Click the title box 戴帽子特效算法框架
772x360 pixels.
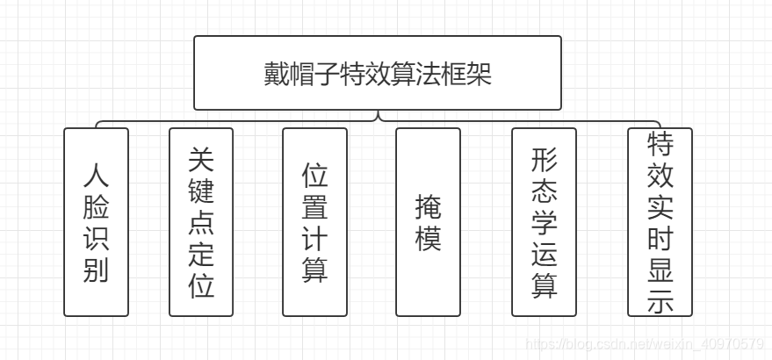click(377, 73)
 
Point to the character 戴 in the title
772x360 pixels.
click(276, 74)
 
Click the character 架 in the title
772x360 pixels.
click(479, 74)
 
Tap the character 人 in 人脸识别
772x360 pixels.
click(96, 176)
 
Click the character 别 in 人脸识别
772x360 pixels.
click(96, 270)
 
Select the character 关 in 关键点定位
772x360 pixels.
click(201, 159)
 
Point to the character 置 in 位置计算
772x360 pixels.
click(314, 207)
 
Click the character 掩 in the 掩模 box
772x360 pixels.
click(428, 207)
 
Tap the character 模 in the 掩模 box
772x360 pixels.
click(428, 238)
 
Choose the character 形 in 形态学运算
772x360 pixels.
click(544, 159)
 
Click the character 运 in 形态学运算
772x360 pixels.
click(544, 254)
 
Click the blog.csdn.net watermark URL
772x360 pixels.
click(643, 343)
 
